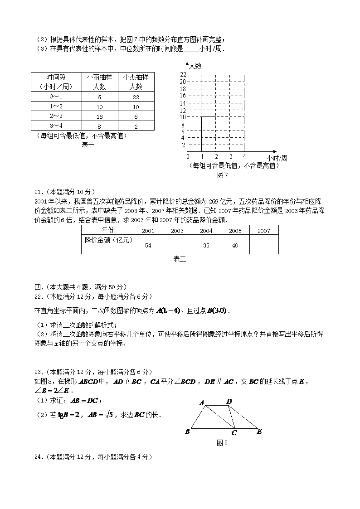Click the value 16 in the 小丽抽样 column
point(99,116)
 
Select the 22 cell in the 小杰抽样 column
point(136,97)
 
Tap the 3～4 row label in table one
point(56,126)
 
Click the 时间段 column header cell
point(56,82)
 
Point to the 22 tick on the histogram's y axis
point(183,74)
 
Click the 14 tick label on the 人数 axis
point(183,103)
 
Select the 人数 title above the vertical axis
point(195,66)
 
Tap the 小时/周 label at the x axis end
point(277,158)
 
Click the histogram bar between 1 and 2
point(209,134)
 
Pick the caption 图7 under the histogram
point(222,175)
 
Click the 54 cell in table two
point(148,245)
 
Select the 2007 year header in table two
point(263,231)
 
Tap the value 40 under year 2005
point(235,245)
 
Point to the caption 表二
point(180,259)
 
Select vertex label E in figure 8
point(259,431)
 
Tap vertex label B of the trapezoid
point(187,431)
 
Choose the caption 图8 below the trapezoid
point(222,443)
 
